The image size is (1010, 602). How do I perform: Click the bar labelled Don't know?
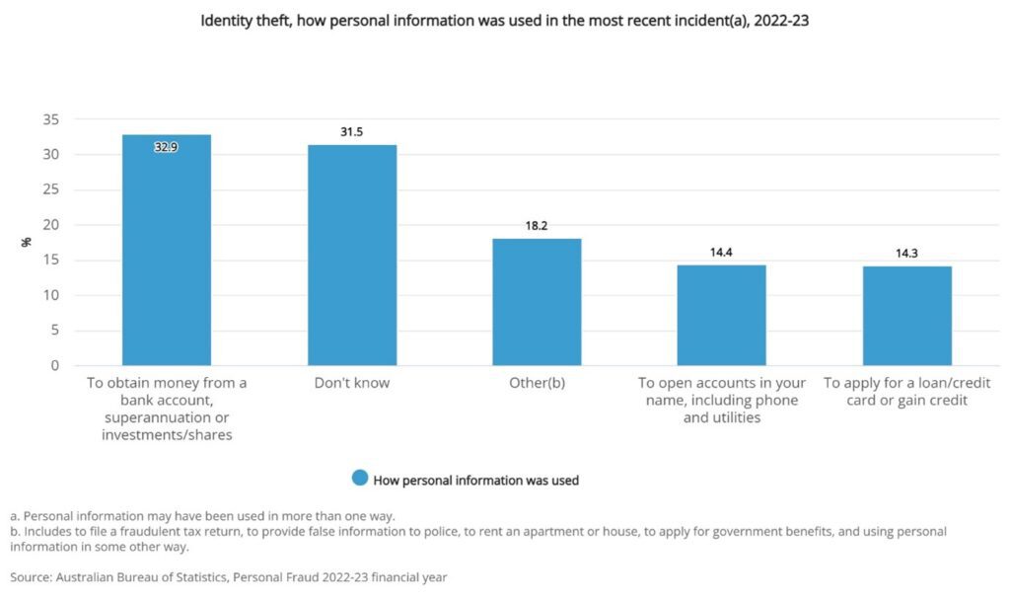pyautogui.click(x=352, y=256)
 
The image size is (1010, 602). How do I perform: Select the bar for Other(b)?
pyautogui.click(x=537, y=302)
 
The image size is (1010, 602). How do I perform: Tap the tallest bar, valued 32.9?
pyautogui.click(x=166, y=251)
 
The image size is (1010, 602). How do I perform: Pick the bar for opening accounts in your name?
pyautogui.click(x=721, y=315)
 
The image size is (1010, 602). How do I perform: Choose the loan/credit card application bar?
pyautogui.click(x=906, y=316)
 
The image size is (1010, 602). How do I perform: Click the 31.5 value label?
pyautogui.click(x=352, y=131)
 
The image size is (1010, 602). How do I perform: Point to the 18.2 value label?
pyautogui.click(x=537, y=225)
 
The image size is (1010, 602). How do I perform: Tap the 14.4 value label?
pyautogui.click(x=721, y=252)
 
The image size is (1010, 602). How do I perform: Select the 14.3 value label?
pyautogui.click(x=906, y=253)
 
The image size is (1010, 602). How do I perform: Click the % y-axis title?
pyautogui.click(x=27, y=242)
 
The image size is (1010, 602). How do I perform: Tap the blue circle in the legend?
pyautogui.click(x=360, y=479)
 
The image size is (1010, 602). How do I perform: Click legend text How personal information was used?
pyautogui.click(x=475, y=481)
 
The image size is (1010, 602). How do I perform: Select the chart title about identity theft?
pyautogui.click(x=504, y=20)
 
